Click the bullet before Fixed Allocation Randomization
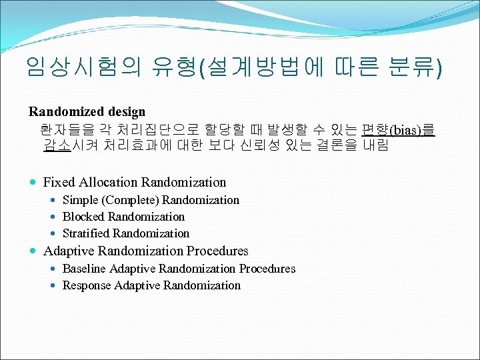(33, 183)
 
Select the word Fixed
(59, 182)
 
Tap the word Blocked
(83, 217)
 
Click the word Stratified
(86, 233)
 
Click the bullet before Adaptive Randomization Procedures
(33, 252)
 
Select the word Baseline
(84, 269)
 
